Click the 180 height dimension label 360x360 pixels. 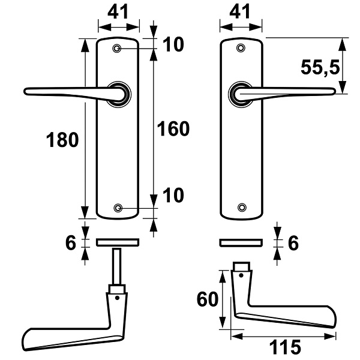tap(62, 140)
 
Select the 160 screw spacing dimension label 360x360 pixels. tap(173, 129)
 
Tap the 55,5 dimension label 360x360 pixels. tap(320, 67)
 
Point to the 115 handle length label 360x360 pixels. tap(284, 347)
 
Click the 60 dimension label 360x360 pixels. tap(208, 299)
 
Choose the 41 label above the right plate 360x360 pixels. tap(240, 11)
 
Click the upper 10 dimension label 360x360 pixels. tap(173, 44)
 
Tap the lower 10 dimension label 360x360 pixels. tap(173, 195)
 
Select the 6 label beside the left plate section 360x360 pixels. tap(70, 242)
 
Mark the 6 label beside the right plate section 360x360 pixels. tap(293, 242)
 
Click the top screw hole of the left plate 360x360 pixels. tap(117, 49)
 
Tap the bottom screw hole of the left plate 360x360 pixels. tap(118, 208)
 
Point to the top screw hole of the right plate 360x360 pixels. tap(241, 48)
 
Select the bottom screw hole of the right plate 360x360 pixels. tap(242, 208)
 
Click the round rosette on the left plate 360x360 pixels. tap(119, 94)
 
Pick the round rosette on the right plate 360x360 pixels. tap(241, 94)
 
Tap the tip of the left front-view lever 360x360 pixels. tap(25, 91)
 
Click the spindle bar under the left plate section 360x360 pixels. tap(117, 266)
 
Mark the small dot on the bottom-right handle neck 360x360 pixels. tap(241, 275)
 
